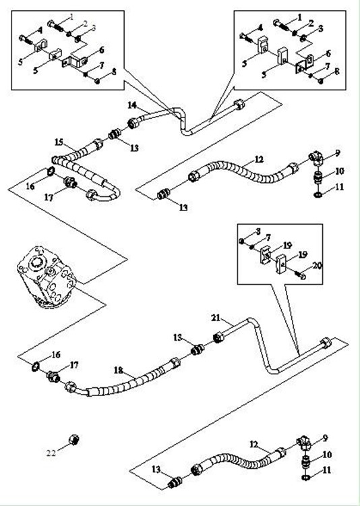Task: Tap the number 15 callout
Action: [60, 142]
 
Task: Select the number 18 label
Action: [119, 370]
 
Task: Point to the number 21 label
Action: [216, 318]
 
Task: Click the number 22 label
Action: [51, 453]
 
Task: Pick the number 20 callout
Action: [318, 266]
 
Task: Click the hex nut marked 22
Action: [74, 439]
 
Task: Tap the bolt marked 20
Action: [300, 275]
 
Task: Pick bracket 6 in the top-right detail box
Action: [304, 63]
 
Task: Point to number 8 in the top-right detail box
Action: [337, 71]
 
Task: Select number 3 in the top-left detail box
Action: [94, 28]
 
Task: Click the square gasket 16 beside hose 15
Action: [51, 171]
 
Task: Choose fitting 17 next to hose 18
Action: [53, 376]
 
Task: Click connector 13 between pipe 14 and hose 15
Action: [115, 134]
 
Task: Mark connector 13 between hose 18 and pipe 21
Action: [198, 349]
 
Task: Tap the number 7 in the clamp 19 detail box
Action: [268, 238]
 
